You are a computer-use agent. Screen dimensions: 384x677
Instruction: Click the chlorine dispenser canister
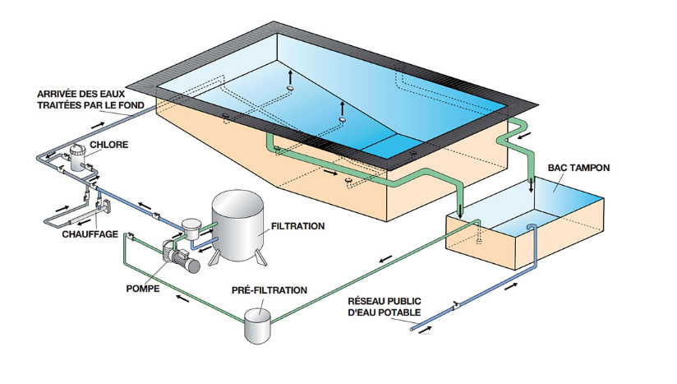tap(79, 155)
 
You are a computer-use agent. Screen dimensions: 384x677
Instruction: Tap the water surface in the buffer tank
tap(567, 201)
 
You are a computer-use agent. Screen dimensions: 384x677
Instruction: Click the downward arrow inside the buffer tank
tap(532, 186)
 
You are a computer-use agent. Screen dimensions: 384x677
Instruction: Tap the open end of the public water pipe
tap(413, 328)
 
